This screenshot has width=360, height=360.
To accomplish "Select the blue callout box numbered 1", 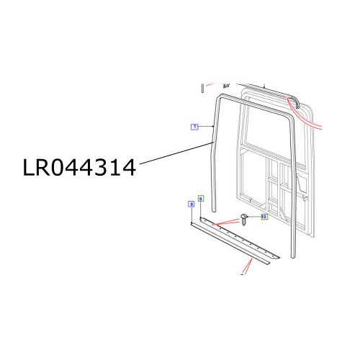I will [x=194, y=127].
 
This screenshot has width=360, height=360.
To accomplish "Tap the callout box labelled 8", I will [x=191, y=204].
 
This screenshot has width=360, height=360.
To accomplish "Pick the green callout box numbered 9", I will [x=201, y=198].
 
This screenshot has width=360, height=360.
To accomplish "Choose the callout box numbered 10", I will [x=264, y=216].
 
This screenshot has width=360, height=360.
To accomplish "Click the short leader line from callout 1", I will [x=208, y=127].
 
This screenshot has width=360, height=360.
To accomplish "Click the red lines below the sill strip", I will [x=247, y=269].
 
